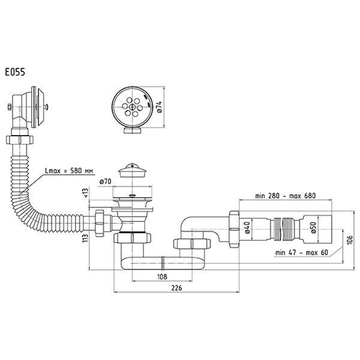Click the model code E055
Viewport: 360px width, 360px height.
pyautogui.click(x=15, y=73)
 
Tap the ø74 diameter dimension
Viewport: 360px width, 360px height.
pyautogui.click(x=160, y=107)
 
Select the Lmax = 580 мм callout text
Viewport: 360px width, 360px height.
pyautogui.click(x=69, y=171)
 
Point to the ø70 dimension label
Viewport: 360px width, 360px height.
pyautogui.click(x=105, y=182)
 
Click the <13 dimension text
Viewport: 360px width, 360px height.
pyautogui.click(x=85, y=193)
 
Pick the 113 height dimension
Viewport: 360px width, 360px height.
pyautogui.click(x=85, y=238)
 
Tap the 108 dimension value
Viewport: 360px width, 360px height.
pyautogui.click(x=162, y=277)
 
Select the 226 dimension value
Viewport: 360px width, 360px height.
pyautogui.click(x=176, y=288)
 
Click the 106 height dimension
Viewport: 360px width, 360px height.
pyautogui.click(x=349, y=240)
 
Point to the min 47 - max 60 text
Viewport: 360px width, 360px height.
pyautogui.click(x=302, y=253)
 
